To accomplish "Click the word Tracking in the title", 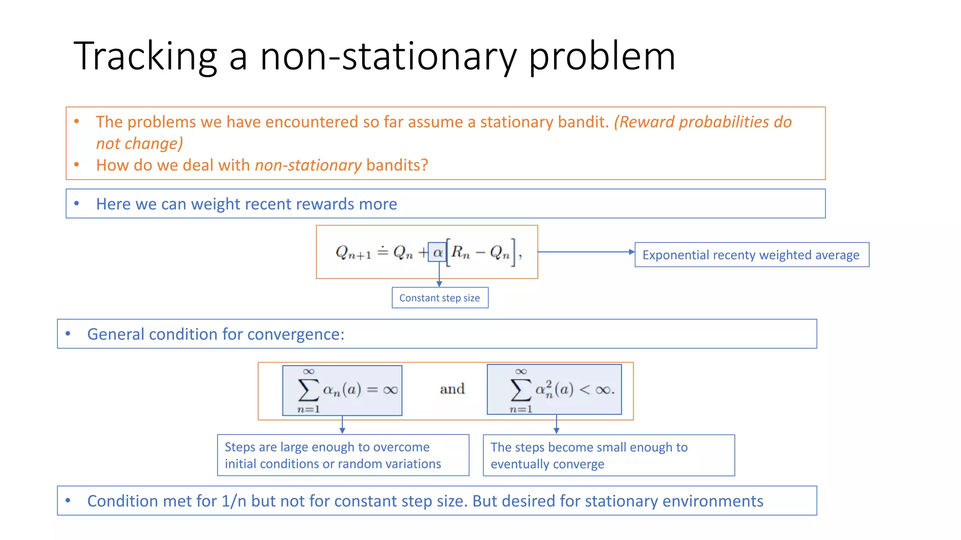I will [x=145, y=57].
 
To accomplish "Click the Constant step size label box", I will [x=440, y=298].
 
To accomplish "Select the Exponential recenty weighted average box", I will [x=751, y=255].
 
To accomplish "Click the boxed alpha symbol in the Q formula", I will [x=437, y=253].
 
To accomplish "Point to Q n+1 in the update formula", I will [x=353, y=253].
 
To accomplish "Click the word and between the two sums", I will [x=452, y=389].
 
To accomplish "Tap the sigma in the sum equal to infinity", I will [x=308, y=390].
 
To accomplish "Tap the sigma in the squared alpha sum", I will [x=520, y=390].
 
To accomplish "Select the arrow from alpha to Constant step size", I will [x=439, y=275].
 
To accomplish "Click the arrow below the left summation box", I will [x=343, y=425].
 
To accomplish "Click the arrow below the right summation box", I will [x=557, y=425].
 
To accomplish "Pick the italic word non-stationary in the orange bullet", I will [x=308, y=165].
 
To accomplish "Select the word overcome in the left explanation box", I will [x=401, y=447].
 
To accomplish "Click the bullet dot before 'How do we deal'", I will [x=76, y=165].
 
